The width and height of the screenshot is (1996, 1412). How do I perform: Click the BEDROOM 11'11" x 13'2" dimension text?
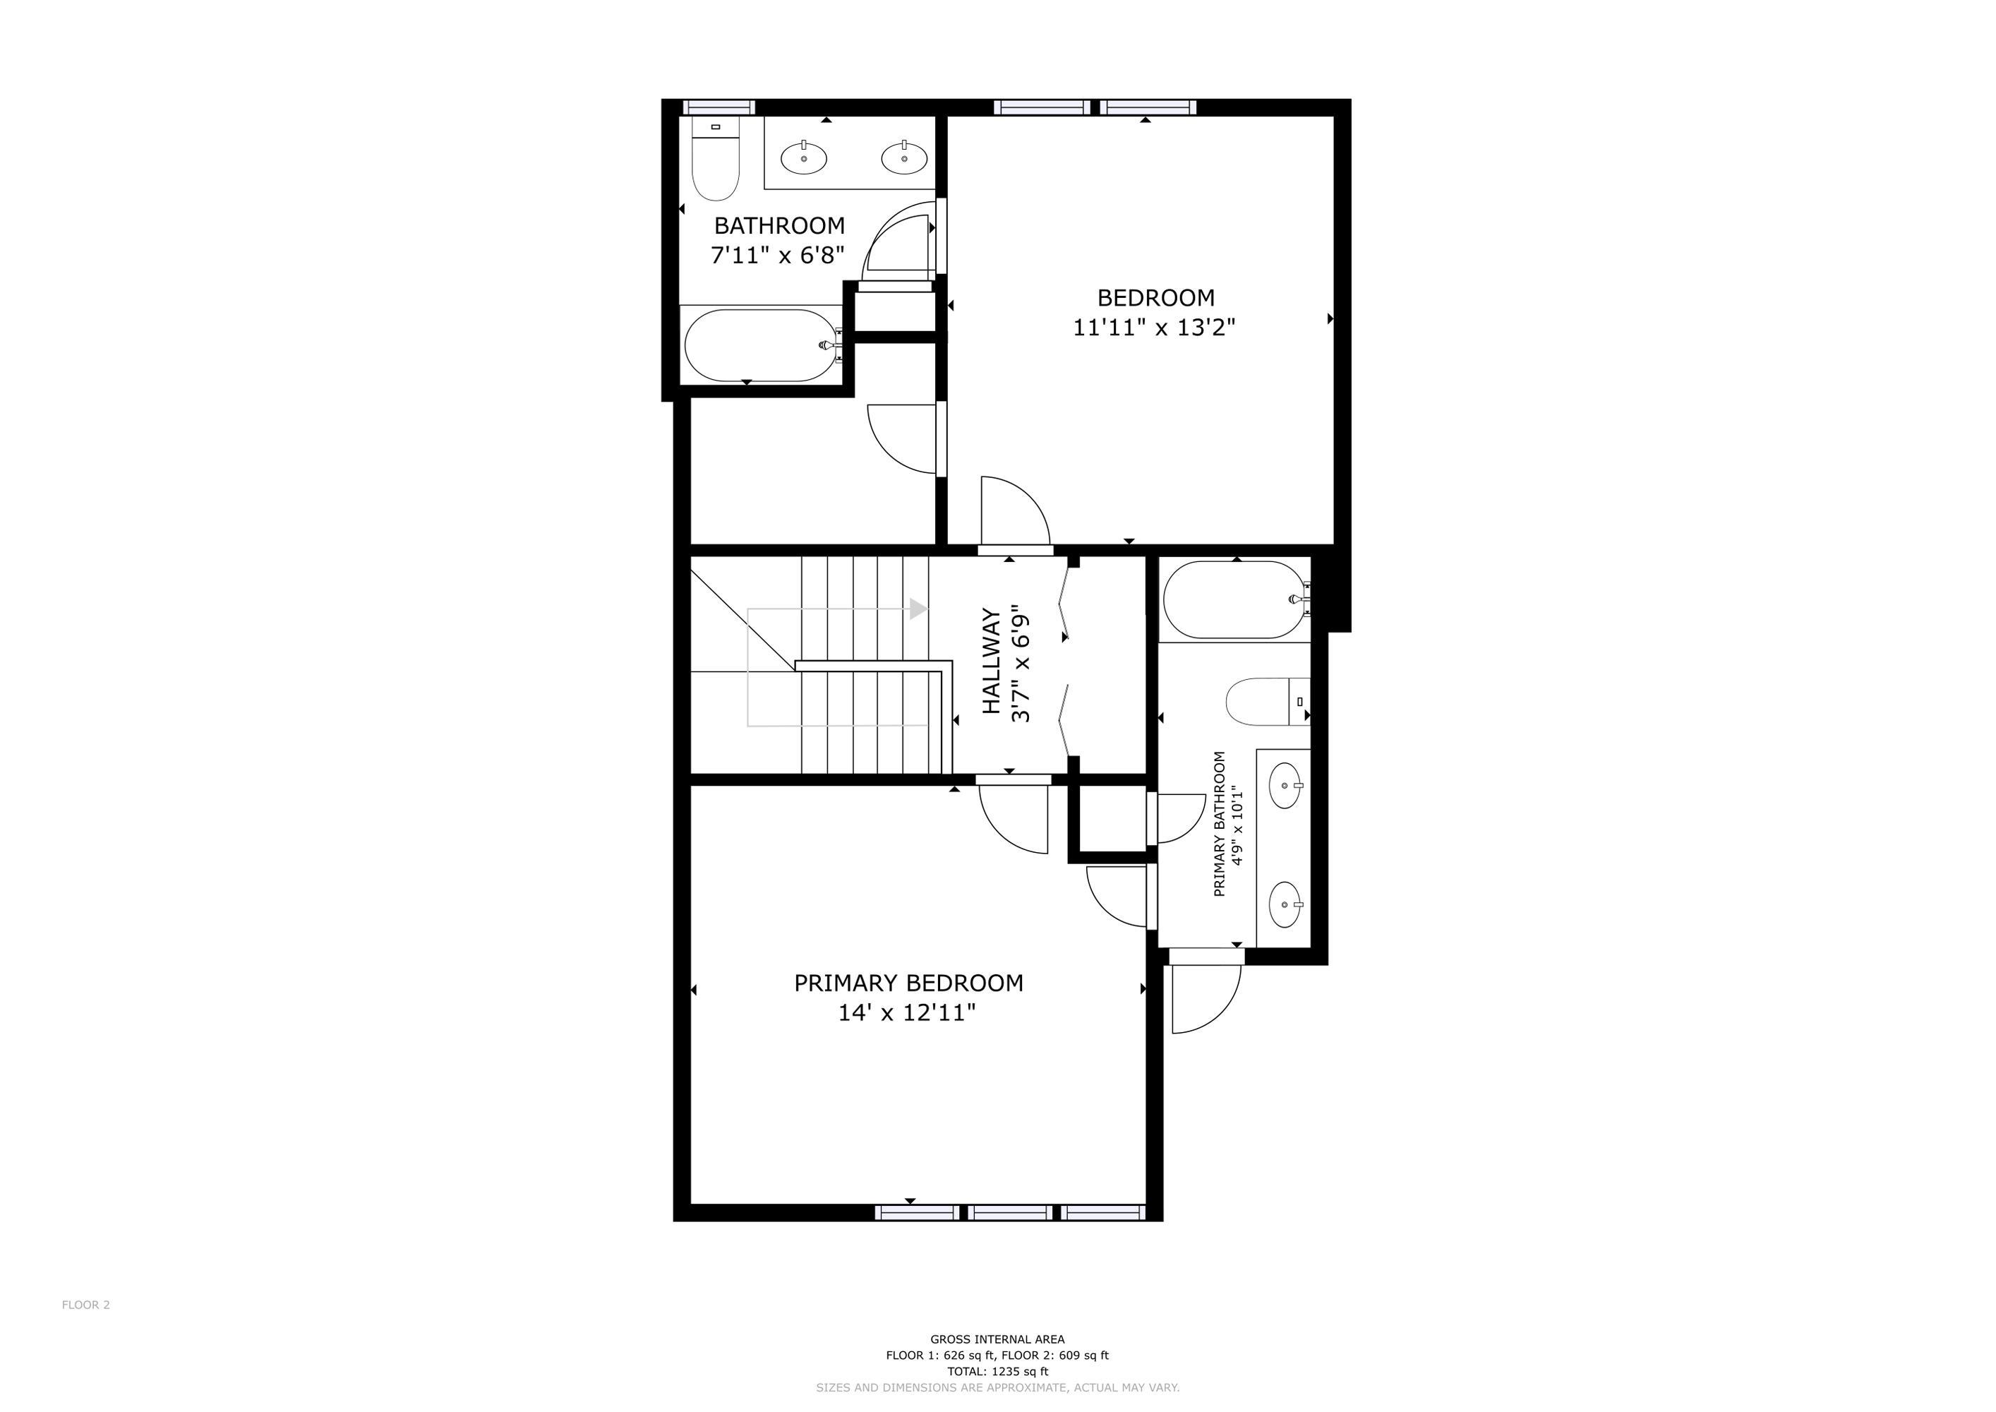pyautogui.click(x=1155, y=327)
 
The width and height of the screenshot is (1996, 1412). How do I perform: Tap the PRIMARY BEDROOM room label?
pyautogui.click(x=908, y=983)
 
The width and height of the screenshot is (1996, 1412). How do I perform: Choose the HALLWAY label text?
pyautogui.click(x=991, y=662)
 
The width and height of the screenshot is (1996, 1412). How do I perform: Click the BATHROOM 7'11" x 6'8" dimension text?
pyautogui.click(x=778, y=256)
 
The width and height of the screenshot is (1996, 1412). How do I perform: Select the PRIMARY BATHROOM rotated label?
pyautogui.click(x=1219, y=824)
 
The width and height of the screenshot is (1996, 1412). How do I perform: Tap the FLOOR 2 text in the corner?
pyautogui.click(x=86, y=1304)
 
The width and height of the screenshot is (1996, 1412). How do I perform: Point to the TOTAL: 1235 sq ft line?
pyautogui.click(x=997, y=1371)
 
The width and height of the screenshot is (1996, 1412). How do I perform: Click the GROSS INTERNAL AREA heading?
pyautogui.click(x=997, y=1339)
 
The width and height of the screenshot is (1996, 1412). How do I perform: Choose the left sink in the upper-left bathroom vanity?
pyautogui.click(x=804, y=158)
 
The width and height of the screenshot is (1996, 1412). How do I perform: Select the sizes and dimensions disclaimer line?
pyautogui.click(x=997, y=1388)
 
